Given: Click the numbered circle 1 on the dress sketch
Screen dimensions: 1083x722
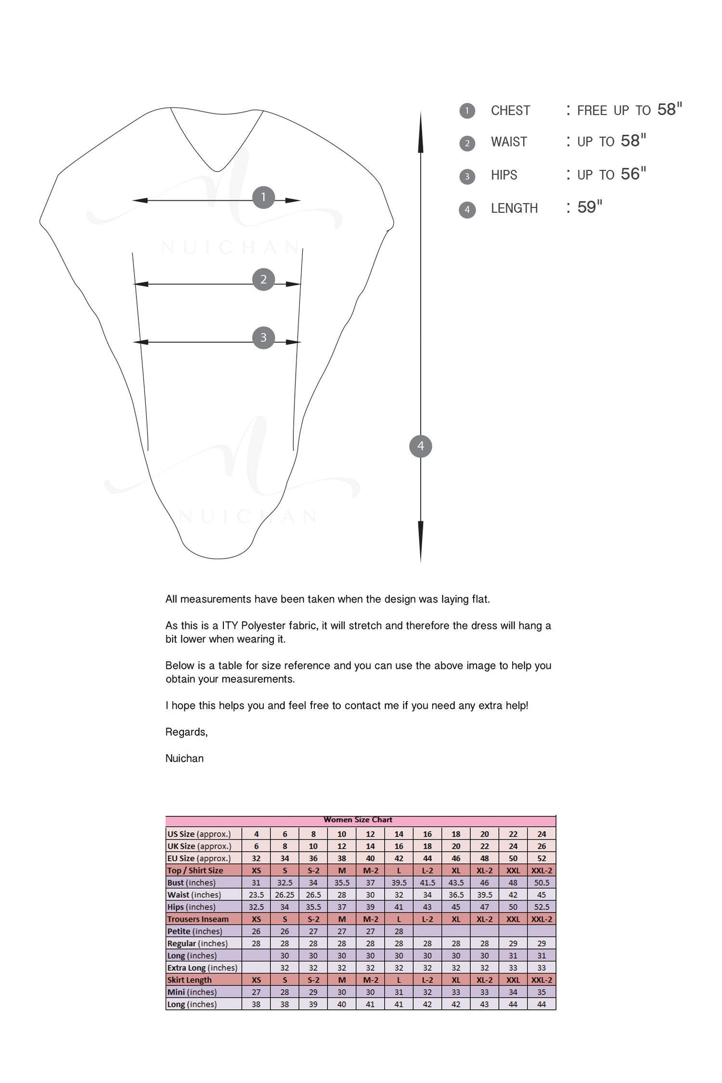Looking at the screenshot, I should click(x=263, y=197).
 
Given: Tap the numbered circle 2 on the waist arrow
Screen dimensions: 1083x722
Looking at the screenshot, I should click(x=263, y=280).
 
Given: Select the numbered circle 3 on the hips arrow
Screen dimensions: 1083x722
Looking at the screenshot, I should click(x=263, y=338).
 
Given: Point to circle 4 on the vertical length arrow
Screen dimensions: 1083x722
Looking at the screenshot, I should click(x=420, y=446).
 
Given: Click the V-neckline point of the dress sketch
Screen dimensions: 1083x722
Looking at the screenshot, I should click(x=217, y=171).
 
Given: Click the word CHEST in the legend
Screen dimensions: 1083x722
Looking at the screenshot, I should click(x=510, y=110).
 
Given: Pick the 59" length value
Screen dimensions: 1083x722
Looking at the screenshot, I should click(x=590, y=207).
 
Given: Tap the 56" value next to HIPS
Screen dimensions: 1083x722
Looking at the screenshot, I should click(x=633, y=174).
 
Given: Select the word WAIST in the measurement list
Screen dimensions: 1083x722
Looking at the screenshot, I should click(x=509, y=142).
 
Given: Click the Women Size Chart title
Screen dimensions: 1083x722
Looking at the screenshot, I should click(x=358, y=820).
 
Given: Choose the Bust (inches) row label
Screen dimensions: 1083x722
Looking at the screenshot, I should click(x=191, y=883).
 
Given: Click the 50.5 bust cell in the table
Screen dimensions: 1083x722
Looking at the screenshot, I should click(x=542, y=883).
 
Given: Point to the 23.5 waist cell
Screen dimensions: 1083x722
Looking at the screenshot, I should click(x=256, y=895).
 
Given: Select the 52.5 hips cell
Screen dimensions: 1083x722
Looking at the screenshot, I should click(x=542, y=907).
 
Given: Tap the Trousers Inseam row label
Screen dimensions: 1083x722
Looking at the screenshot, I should click(x=198, y=919).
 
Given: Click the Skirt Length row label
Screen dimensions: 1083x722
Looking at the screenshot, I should click(x=189, y=980).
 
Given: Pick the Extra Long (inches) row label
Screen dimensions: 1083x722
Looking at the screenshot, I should click(x=202, y=968).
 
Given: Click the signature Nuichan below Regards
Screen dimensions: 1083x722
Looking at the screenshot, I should click(x=184, y=758).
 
